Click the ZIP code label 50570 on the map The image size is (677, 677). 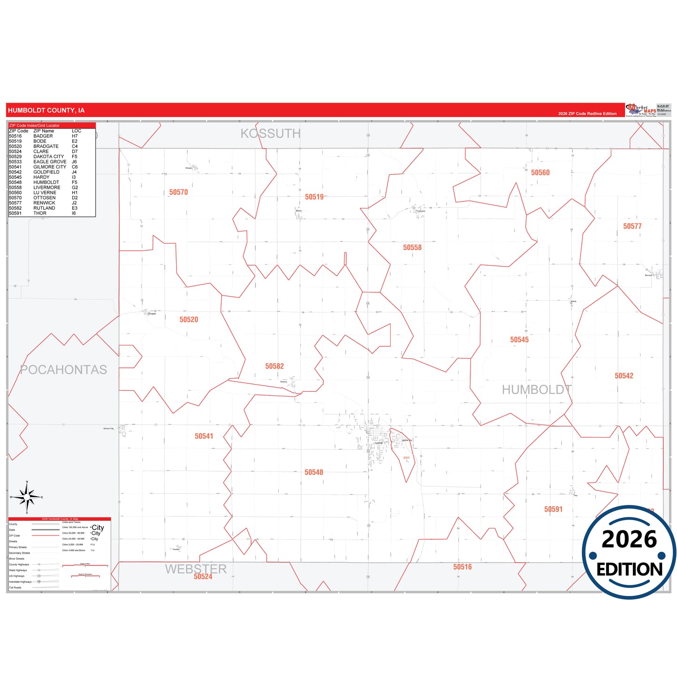179,192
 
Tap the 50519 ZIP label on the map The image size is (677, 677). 314,197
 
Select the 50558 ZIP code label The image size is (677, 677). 412,247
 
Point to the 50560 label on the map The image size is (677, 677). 540,173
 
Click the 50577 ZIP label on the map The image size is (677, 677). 632,226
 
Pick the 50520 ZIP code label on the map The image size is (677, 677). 189,320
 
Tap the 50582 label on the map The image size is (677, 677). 275,366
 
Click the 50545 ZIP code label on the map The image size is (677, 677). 519,340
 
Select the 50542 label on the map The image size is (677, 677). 624,376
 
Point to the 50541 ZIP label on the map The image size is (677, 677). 204,436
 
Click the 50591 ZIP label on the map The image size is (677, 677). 553,509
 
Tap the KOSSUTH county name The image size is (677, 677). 270,134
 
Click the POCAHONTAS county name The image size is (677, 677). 64,370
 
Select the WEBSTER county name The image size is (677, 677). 196,569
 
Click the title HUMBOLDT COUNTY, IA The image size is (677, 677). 46,111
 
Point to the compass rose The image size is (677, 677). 27,498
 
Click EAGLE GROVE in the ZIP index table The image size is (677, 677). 50,162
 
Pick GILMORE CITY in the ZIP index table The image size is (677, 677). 50,167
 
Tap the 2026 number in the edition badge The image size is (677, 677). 629,539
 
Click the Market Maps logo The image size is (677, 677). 641,110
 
